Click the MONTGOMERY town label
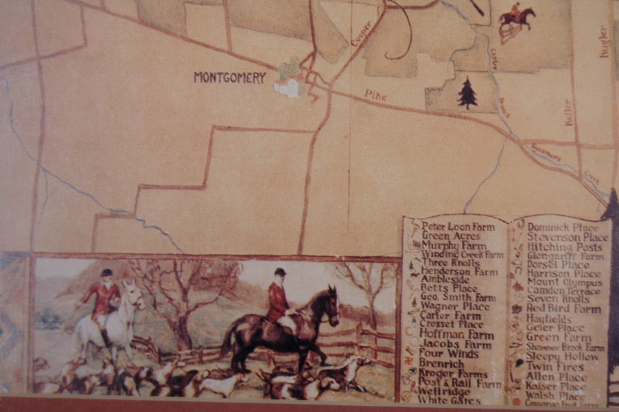[229, 78]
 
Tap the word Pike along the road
[375, 95]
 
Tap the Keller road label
[568, 111]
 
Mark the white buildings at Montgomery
[288, 87]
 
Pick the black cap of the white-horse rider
[106, 273]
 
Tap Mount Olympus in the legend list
[561, 282]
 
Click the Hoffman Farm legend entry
[454, 334]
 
